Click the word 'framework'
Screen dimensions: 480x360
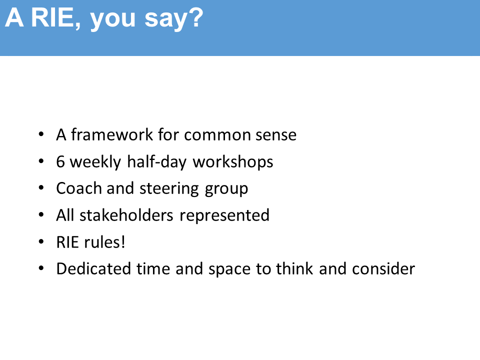[111, 134]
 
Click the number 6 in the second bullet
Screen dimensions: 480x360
[60, 161]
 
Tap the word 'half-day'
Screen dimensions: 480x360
[156, 161]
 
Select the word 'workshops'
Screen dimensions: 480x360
[232, 161]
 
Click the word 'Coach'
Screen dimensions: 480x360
[79, 188]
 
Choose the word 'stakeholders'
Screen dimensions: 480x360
[126, 215]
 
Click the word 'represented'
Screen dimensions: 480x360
[224, 215]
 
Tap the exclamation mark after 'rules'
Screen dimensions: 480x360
[123, 242]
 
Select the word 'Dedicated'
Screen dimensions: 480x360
[93, 268]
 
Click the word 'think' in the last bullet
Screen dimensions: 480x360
[294, 268]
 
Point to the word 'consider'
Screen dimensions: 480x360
[383, 268]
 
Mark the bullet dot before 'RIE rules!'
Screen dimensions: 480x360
[41, 242]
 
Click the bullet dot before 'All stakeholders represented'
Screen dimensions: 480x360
[41, 215]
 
